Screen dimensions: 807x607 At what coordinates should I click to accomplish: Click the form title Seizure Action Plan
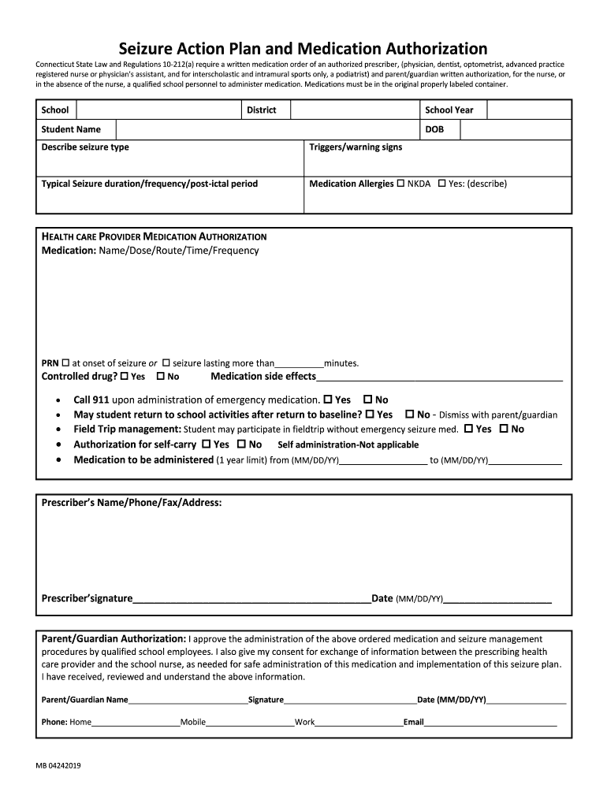tap(303, 49)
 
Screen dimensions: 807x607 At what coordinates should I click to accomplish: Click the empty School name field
tap(158, 110)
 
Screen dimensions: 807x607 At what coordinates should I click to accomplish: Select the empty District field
tap(354, 110)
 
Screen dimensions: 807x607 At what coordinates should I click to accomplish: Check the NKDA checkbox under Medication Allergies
tap(400, 184)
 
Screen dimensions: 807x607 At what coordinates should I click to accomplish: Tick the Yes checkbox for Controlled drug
tap(124, 377)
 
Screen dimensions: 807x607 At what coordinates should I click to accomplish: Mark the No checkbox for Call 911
tap(367, 400)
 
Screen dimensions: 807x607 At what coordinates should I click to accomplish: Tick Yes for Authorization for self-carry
tap(206, 444)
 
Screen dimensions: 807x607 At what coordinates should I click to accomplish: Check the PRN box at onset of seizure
tap(65, 363)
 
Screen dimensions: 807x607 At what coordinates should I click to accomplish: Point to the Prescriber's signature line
tap(251, 599)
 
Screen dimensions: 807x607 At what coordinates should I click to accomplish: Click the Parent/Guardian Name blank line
tap(188, 700)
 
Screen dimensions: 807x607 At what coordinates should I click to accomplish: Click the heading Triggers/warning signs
tap(356, 147)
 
